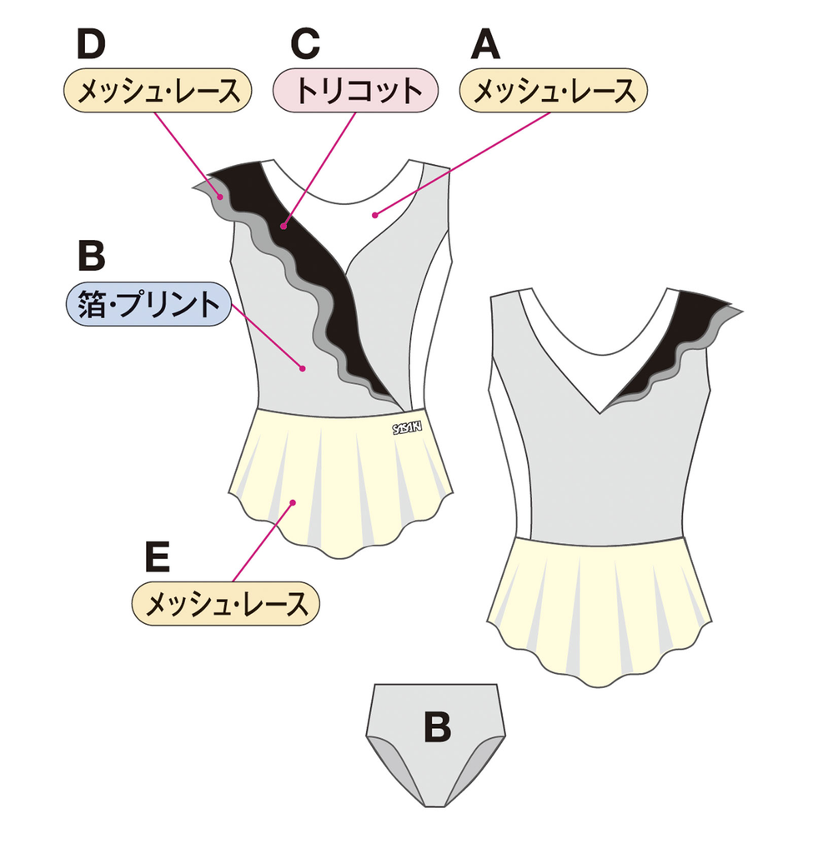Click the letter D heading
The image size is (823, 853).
91,44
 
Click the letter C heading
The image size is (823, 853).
305,44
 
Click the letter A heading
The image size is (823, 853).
485,44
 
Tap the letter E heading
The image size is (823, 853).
158,556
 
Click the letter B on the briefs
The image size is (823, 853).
438,726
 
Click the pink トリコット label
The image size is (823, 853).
355,90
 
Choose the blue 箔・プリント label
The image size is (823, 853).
149,304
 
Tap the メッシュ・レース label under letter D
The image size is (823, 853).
158,90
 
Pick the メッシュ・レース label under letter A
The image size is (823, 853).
554,90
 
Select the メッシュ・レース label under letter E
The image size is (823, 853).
225,603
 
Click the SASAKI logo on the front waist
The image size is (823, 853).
407,427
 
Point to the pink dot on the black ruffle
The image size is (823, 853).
284,227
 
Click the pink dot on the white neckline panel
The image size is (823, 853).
374,216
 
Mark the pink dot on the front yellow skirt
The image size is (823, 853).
293,502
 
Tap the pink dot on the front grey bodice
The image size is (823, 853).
304,369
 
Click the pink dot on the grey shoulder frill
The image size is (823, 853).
221,197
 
